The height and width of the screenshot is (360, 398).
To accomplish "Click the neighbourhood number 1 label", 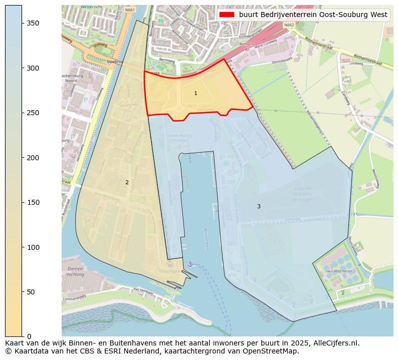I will (195, 94).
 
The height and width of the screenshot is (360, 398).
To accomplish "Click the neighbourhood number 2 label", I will (127, 182).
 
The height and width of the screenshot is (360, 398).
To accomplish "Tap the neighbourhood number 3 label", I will (259, 206).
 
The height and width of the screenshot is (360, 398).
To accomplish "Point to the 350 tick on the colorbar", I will (22, 24).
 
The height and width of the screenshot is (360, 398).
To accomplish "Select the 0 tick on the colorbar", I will (22, 336).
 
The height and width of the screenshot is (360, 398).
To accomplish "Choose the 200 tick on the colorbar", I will (22, 158).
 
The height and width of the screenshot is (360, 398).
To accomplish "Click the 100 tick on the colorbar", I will (22, 247).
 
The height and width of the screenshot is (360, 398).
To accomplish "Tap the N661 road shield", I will (130, 10).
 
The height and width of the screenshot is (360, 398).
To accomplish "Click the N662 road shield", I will (289, 25).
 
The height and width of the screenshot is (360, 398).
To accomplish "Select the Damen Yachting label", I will (75, 271).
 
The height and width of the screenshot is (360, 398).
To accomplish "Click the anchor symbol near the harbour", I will (189, 263).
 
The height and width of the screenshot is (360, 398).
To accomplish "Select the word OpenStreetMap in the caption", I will (274, 351).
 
